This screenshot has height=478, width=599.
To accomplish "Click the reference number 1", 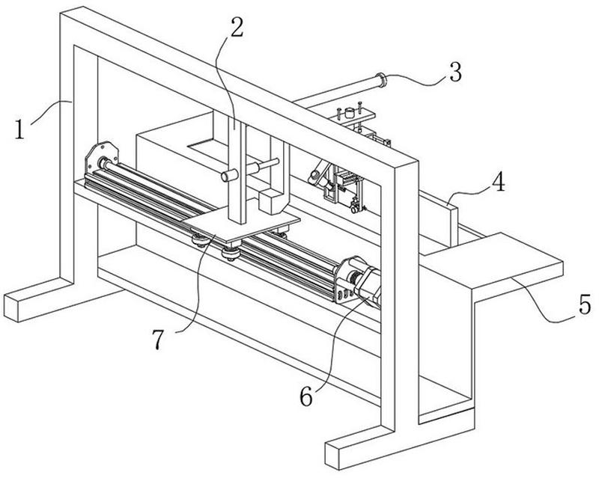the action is click(19, 129).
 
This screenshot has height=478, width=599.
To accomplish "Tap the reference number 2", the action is click(236, 27).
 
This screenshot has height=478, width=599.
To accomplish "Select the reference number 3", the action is click(454, 72).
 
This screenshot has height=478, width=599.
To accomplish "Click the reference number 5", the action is click(585, 304).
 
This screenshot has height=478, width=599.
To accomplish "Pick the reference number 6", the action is click(306, 397).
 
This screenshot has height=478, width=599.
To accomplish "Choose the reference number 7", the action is click(158, 339).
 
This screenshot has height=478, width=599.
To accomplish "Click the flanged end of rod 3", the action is click(381, 79).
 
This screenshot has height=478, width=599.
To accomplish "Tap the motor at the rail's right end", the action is click(368, 284).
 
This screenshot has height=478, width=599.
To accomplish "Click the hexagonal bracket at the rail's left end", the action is click(101, 158).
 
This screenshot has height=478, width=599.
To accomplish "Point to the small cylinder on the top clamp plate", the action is click(348, 113).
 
